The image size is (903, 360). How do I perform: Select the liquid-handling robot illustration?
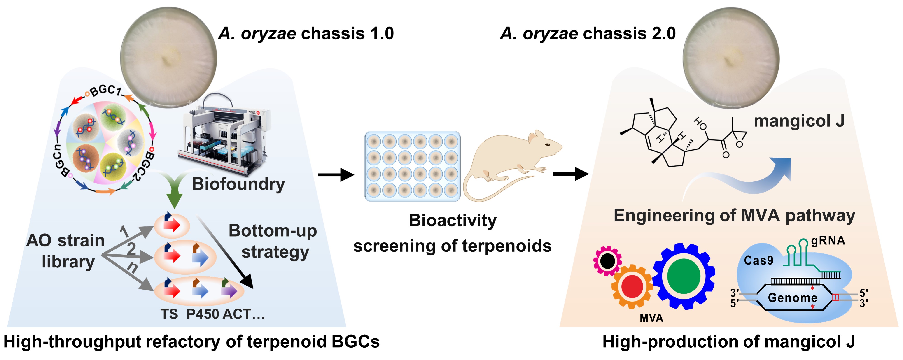click(224, 135)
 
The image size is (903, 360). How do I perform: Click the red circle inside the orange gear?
click(632, 286)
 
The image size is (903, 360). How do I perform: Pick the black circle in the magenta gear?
click(607, 260)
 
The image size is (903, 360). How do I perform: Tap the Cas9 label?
click(758, 260)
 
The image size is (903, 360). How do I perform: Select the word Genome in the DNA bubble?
click(793, 298)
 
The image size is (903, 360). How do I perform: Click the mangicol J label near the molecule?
click(799, 121)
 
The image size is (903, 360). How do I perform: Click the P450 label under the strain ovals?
click(203, 314)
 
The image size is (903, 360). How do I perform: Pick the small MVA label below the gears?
click(651, 318)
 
